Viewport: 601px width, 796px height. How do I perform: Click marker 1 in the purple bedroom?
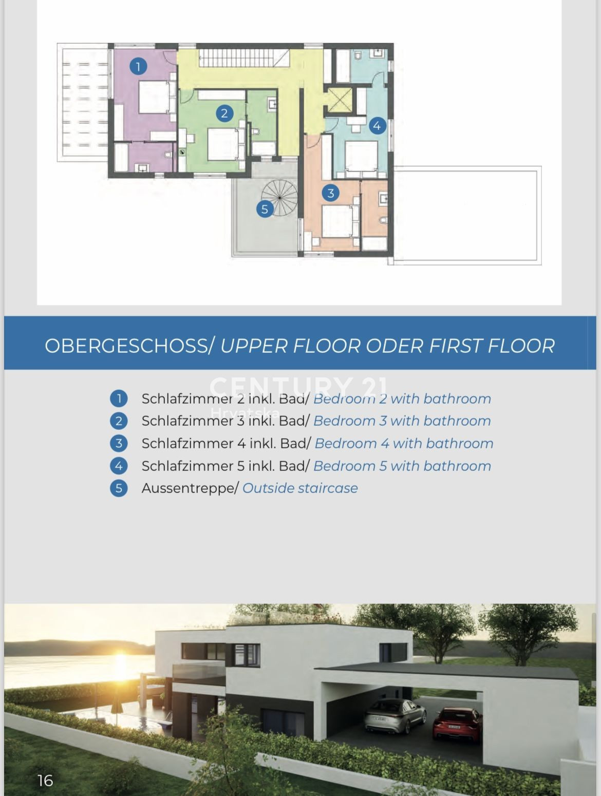(138, 66)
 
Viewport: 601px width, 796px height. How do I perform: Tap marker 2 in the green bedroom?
(224, 113)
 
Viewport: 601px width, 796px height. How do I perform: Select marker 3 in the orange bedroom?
(330, 193)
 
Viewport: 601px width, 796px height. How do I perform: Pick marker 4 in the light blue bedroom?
(377, 126)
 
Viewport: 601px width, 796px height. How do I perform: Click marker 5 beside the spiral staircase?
(265, 209)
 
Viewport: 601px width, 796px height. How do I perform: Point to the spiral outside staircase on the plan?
(279, 198)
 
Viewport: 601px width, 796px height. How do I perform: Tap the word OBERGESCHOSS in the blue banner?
(126, 346)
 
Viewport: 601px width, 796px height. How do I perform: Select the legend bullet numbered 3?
(119, 444)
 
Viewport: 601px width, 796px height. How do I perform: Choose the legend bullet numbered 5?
(119, 488)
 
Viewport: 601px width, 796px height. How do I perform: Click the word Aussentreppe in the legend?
(188, 488)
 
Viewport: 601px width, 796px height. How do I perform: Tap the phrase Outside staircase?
(300, 488)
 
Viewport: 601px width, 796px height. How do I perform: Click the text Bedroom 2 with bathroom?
(402, 399)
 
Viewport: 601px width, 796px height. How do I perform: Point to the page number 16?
(45, 781)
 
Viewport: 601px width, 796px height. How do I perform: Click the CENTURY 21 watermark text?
(298, 387)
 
